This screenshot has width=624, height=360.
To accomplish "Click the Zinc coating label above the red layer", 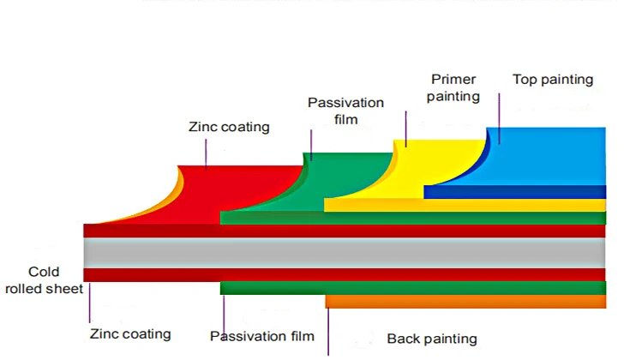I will pos(229,127).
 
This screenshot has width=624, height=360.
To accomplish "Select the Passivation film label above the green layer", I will pos(345,111).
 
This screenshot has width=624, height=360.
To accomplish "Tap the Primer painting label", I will pos(453,88).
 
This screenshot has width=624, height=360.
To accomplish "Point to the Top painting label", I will pos(552,80).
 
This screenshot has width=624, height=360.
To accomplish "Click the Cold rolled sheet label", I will pos(44,280).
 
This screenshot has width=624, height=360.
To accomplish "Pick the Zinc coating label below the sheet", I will pos(130,333).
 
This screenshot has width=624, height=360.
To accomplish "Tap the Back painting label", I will pos(432,339).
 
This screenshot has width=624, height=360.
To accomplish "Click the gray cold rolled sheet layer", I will pos(343,252).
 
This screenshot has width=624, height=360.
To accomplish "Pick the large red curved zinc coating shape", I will pos(214,193).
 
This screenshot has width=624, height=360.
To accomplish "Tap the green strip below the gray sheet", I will pos(411,288).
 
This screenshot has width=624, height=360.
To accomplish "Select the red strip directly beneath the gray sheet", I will pos(343,274).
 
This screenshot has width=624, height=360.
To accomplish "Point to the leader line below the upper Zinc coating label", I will pos(206,153).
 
